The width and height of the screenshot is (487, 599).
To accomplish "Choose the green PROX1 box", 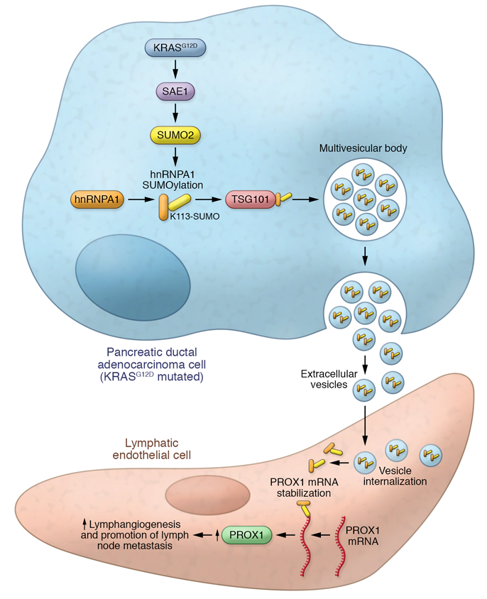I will click(x=247, y=534).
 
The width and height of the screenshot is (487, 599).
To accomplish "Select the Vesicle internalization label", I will click(x=395, y=476).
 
